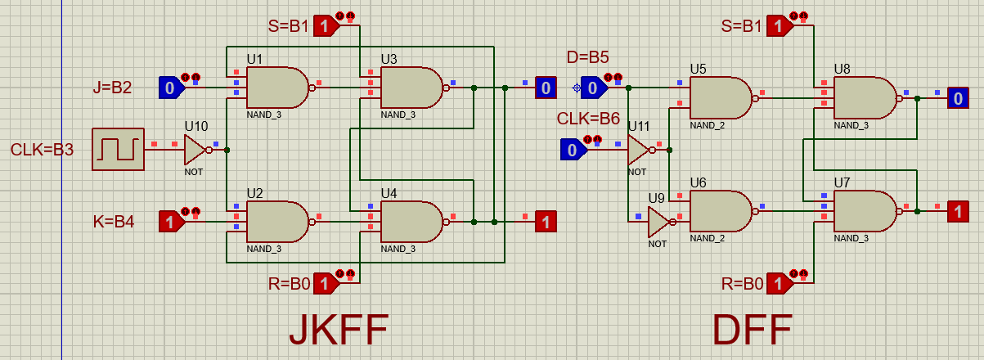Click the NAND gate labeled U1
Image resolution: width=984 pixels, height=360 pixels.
[276, 87]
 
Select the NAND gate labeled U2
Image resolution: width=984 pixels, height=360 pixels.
[276, 222]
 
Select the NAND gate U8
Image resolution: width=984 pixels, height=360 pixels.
[864, 98]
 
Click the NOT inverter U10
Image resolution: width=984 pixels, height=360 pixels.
[195, 150]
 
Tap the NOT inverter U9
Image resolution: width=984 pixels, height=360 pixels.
[658, 220]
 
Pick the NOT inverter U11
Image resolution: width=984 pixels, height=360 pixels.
[638, 150]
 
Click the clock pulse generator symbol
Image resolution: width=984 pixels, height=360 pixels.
[118, 149]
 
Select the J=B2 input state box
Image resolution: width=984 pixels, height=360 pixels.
[169, 88]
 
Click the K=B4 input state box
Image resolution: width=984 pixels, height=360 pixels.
[169, 221]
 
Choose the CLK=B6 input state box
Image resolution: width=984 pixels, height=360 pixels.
[573, 150]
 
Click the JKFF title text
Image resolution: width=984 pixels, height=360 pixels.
[338, 331]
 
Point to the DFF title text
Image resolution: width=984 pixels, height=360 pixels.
[752, 331]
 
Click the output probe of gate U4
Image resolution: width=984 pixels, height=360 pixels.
[546, 221]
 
